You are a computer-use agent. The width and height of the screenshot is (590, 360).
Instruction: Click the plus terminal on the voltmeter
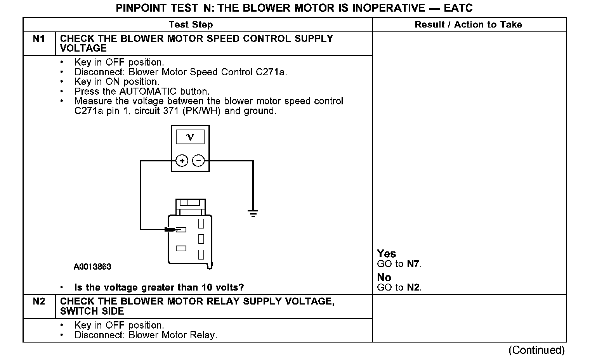[182, 161]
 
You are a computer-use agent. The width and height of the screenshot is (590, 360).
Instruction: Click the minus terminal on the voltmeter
[198, 161]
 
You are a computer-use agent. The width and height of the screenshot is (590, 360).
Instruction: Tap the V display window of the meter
[190, 137]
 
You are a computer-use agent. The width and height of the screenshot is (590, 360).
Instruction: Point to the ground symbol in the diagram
[253, 213]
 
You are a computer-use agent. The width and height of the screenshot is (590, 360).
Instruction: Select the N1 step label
[39, 39]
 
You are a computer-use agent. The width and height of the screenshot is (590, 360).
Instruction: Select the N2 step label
[39, 301]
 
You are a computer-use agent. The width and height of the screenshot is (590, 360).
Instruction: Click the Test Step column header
[191, 25]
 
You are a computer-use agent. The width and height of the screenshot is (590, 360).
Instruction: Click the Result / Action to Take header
[469, 25]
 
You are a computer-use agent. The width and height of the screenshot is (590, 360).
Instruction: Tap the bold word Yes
[386, 254]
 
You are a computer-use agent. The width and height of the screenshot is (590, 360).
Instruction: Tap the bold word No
[384, 277]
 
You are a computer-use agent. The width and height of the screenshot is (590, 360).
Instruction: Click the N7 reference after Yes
[413, 264]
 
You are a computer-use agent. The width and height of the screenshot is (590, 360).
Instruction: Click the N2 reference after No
[413, 288]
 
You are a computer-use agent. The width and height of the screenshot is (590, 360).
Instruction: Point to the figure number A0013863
[92, 267]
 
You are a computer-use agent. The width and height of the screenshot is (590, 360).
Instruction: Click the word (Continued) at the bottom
[536, 350]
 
